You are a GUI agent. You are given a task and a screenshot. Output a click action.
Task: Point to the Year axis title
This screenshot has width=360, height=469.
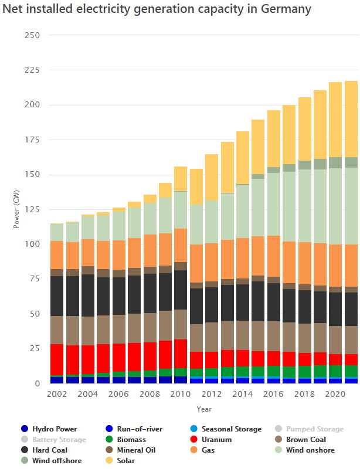(x=204, y=409)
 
